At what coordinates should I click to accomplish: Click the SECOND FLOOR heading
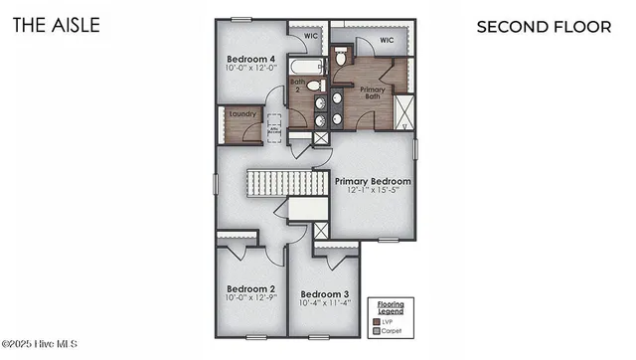coord(545,26)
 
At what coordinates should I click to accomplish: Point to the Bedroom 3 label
coord(325,293)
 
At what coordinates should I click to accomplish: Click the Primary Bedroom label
coord(373,181)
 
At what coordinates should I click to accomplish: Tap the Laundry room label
coord(242,114)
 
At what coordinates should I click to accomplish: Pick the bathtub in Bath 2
coord(306,68)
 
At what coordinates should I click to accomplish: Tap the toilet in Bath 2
coord(321,84)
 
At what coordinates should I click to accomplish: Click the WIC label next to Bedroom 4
coord(310,36)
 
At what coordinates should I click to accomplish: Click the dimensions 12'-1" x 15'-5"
coord(373,192)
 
